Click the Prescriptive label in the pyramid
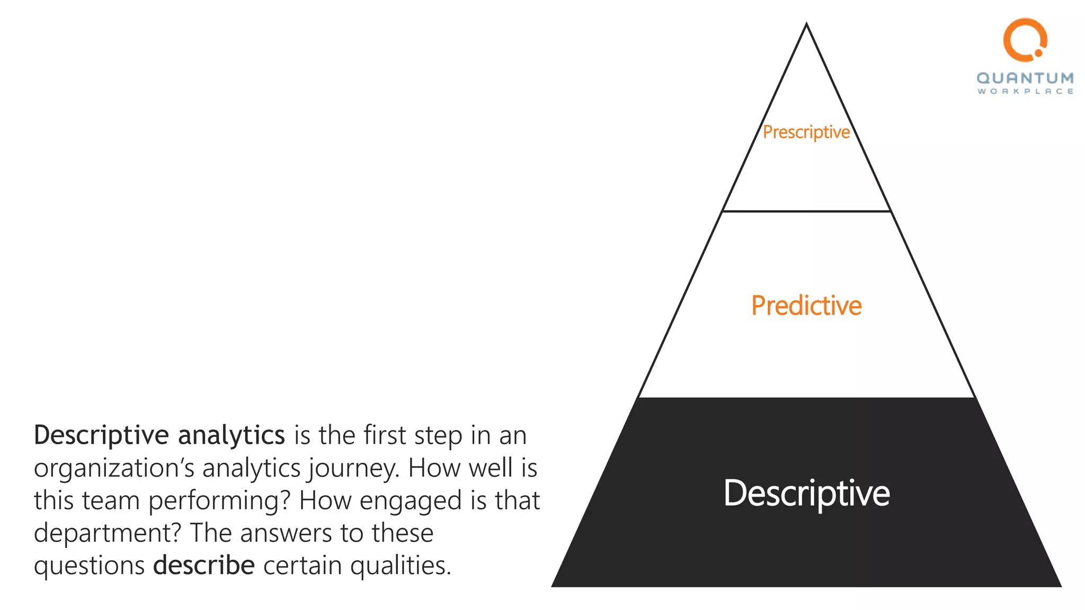[x=806, y=132]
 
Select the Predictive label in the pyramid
[x=806, y=306]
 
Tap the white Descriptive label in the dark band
[x=806, y=493]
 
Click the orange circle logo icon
[x=1025, y=39]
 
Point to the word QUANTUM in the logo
[x=1025, y=78]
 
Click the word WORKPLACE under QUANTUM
[x=1025, y=92]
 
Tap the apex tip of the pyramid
[x=806, y=24]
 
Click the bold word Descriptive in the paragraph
[x=101, y=435]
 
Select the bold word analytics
[x=232, y=435]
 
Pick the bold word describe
[x=204, y=565]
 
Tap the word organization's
[x=114, y=469]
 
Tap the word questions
[x=89, y=566]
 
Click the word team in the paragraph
[x=110, y=501]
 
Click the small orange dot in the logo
[x=1038, y=53]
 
